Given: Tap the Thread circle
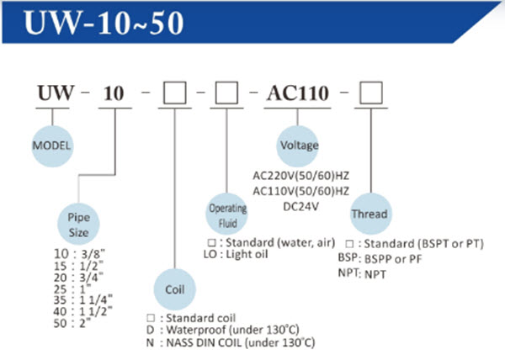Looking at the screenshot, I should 369,213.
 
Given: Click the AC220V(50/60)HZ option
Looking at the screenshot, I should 300,177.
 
